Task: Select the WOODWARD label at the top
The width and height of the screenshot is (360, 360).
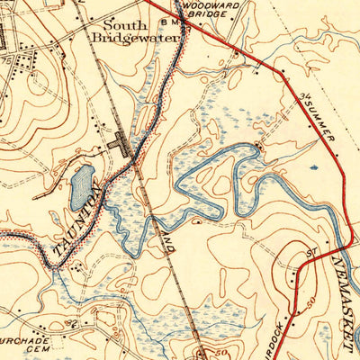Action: (209, 5)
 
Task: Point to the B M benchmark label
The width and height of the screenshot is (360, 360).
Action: (169, 20)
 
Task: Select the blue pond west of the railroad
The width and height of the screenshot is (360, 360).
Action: (82, 179)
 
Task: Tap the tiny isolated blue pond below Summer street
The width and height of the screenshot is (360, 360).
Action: (313, 167)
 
